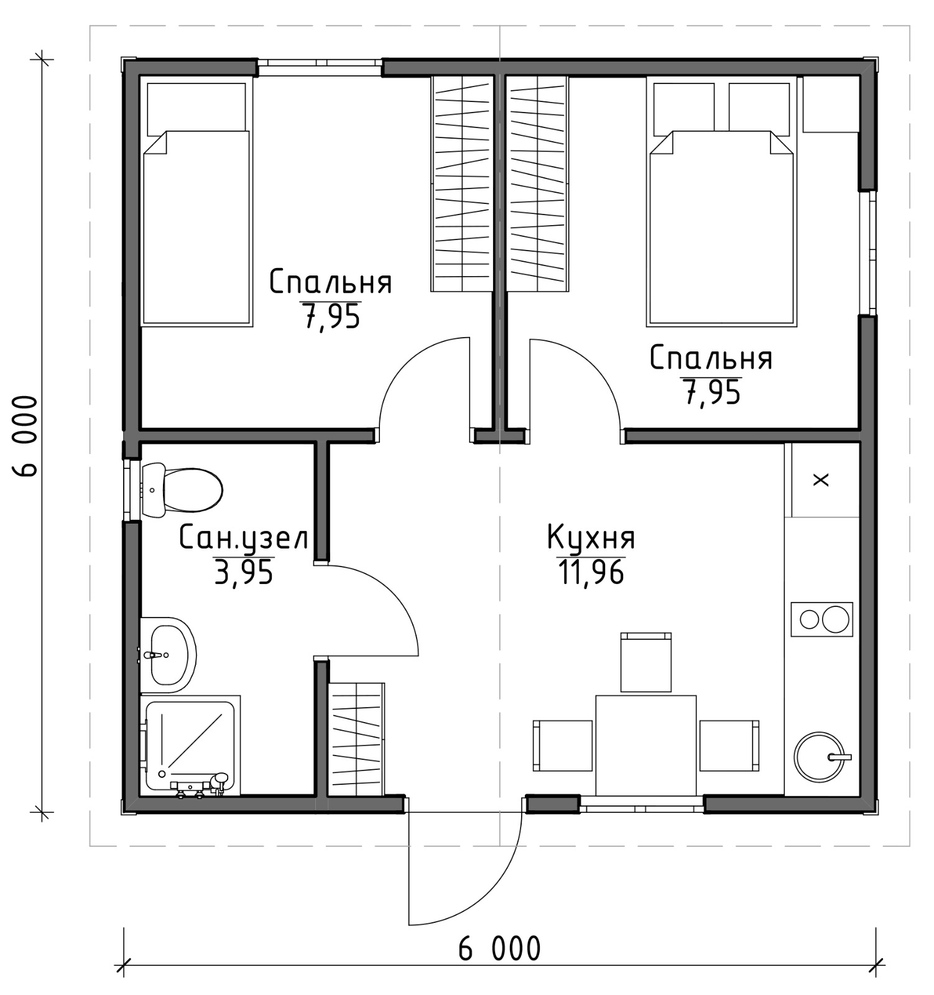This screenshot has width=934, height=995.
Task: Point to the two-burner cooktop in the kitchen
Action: tap(821, 619)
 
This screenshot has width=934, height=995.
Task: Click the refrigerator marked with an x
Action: tap(822, 479)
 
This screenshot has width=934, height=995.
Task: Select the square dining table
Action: tap(645, 745)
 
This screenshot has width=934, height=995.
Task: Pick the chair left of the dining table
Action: tap(563, 745)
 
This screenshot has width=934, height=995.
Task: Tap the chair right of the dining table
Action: tap(729, 745)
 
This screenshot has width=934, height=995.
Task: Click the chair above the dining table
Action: tap(646, 662)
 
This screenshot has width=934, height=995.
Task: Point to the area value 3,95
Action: tap(244, 572)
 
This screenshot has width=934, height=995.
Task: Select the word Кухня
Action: tap(591, 537)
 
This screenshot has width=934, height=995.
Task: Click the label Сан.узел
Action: tap(244, 537)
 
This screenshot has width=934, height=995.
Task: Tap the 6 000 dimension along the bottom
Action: tap(499, 949)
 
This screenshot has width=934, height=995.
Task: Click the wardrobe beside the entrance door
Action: tap(356, 739)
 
